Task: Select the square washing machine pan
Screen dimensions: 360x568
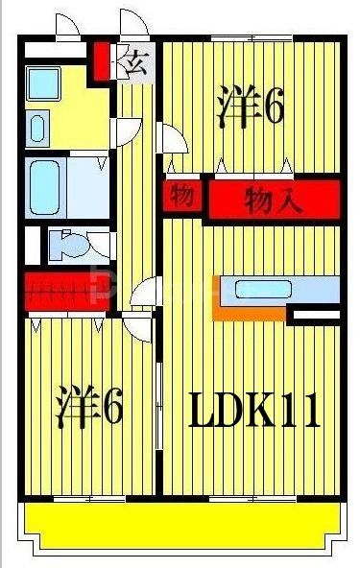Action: pyautogui.click(x=43, y=83)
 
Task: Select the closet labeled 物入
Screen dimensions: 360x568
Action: pyautogui.click(x=274, y=201)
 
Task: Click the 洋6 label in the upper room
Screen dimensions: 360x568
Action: pyautogui.click(x=251, y=106)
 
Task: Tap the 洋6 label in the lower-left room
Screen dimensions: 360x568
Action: pyautogui.click(x=88, y=408)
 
